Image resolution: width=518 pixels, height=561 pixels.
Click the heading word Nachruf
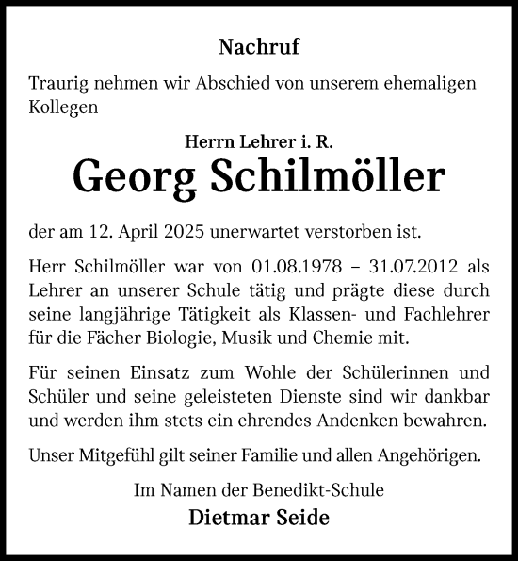click(259, 45)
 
